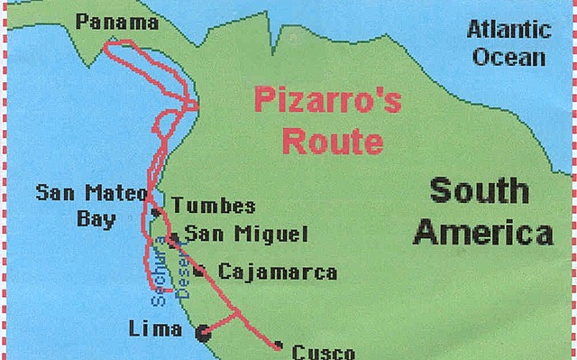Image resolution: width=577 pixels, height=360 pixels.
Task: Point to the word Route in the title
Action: pyautogui.click(x=331, y=141)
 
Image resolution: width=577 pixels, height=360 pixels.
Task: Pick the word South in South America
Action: pyautogui.click(x=478, y=191)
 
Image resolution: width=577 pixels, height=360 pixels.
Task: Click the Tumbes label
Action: pyautogui.click(x=213, y=207)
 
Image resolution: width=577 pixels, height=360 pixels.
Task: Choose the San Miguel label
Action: pyautogui.click(x=245, y=235)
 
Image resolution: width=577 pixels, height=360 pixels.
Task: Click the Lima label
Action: pyautogui.click(x=155, y=328)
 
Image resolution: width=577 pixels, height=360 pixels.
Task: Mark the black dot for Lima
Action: pyautogui.click(x=204, y=333)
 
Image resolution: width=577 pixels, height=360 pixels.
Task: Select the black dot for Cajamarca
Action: pyautogui.click(x=198, y=269)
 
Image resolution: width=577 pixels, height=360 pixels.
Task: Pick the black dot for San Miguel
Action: pyautogui.click(x=172, y=239)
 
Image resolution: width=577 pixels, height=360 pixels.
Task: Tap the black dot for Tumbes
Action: pyautogui.click(x=156, y=212)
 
